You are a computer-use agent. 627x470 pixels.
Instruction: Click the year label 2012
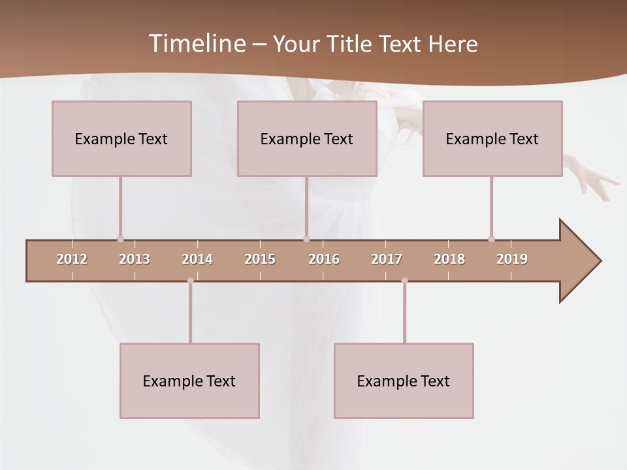click(72, 259)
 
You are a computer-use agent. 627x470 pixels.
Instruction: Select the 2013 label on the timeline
click(135, 259)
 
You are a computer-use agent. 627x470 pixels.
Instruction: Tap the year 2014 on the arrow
click(197, 259)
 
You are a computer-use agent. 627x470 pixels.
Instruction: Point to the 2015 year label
click(260, 259)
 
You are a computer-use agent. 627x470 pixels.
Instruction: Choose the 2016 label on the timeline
click(324, 259)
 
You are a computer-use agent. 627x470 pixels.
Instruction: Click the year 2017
click(387, 259)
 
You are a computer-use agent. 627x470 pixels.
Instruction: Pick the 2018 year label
click(449, 259)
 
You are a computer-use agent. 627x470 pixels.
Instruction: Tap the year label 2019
click(512, 259)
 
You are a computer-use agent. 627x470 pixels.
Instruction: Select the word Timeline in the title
click(196, 44)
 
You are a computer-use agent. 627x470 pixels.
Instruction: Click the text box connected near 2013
click(121, 138)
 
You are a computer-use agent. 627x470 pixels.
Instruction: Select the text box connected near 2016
click(307, 138)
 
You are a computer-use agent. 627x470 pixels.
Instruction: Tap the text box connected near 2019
click(492, 138)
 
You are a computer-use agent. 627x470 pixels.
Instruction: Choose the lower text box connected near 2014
click(189, 381)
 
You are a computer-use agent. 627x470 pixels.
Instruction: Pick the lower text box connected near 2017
click(404, 381)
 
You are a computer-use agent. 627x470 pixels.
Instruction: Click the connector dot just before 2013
click(120, 239)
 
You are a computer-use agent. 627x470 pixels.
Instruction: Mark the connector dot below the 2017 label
click(404, 281)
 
